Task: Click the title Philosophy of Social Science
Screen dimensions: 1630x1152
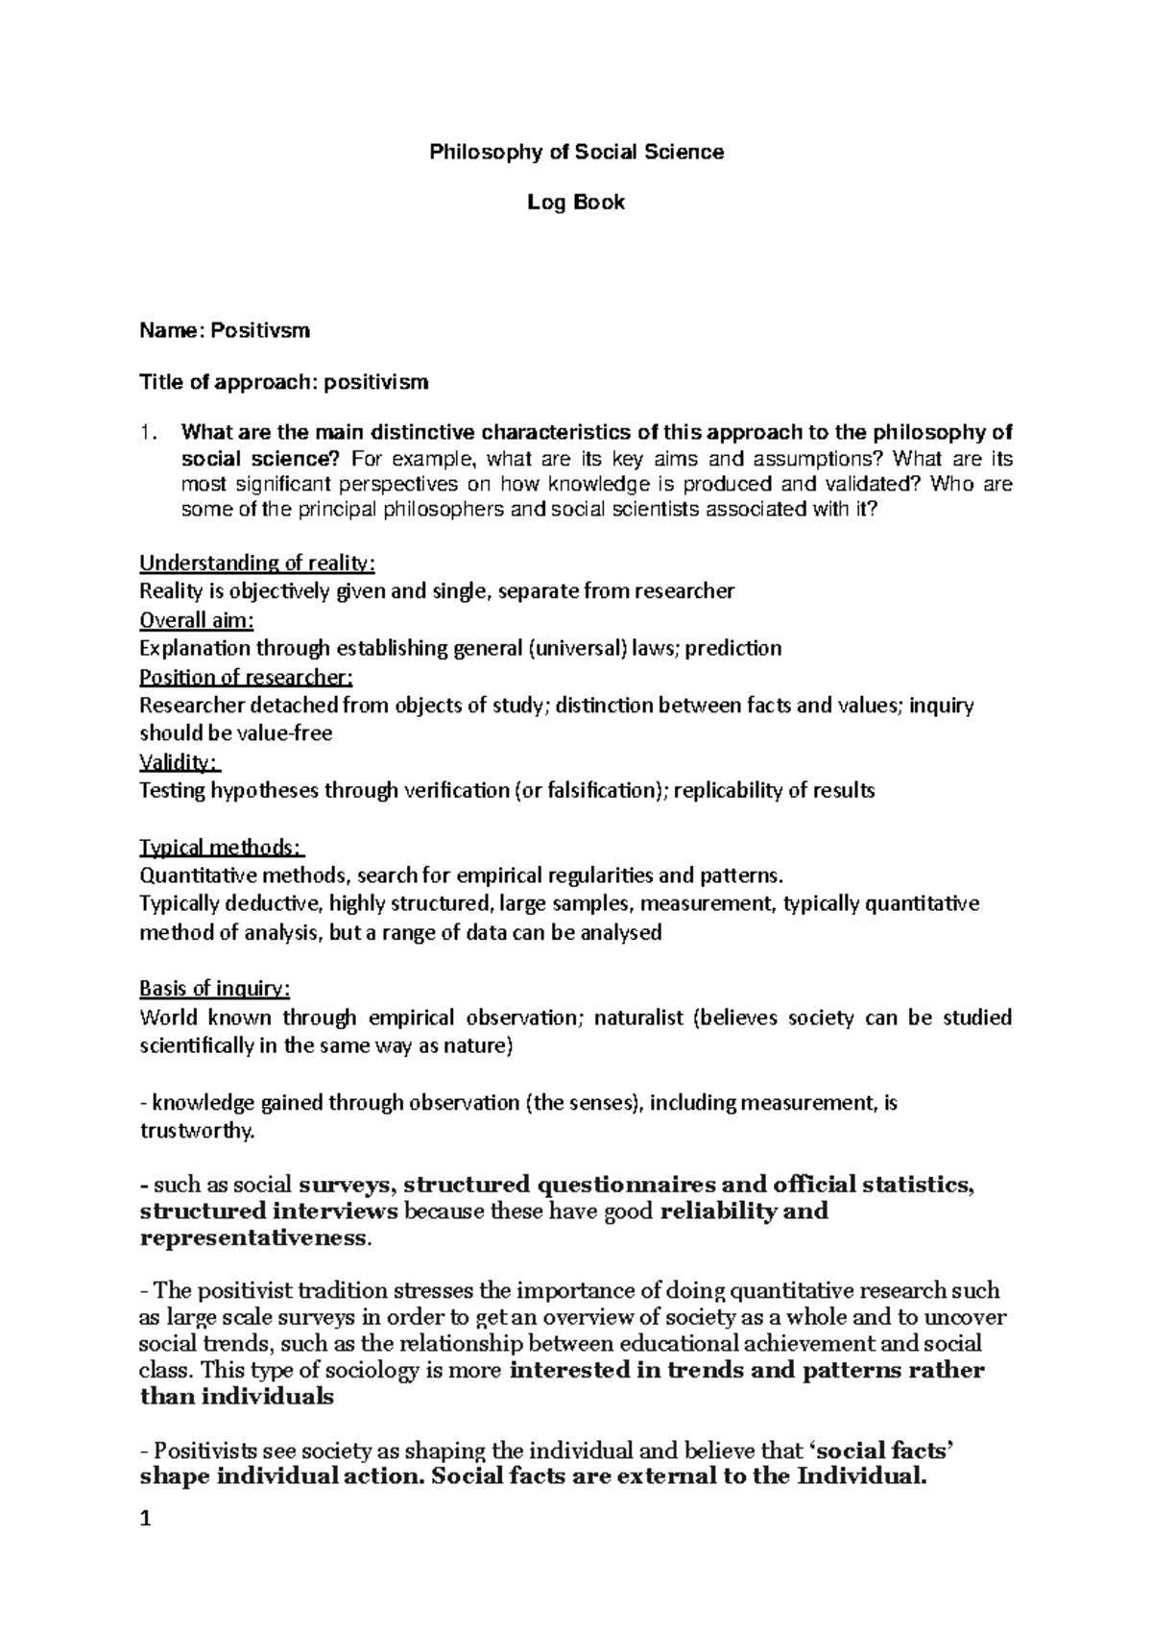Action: click(576, 152)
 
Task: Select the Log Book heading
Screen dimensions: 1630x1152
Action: click(576, 203)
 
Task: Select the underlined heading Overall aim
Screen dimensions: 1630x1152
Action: click(197, 620)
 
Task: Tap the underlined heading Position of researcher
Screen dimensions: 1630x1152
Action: click(246, 678)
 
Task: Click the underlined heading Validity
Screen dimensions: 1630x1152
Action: click(180, 762)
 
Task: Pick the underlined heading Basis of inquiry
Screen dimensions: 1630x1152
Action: click(214, 989)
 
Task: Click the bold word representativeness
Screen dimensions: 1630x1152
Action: click(252, 1238)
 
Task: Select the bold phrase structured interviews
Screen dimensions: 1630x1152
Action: click(269, 1211)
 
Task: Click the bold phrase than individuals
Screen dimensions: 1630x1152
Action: click(236, 1397)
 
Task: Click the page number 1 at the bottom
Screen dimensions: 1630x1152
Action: click(146, 1519)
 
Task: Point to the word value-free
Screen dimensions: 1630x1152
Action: click(284, 734)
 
